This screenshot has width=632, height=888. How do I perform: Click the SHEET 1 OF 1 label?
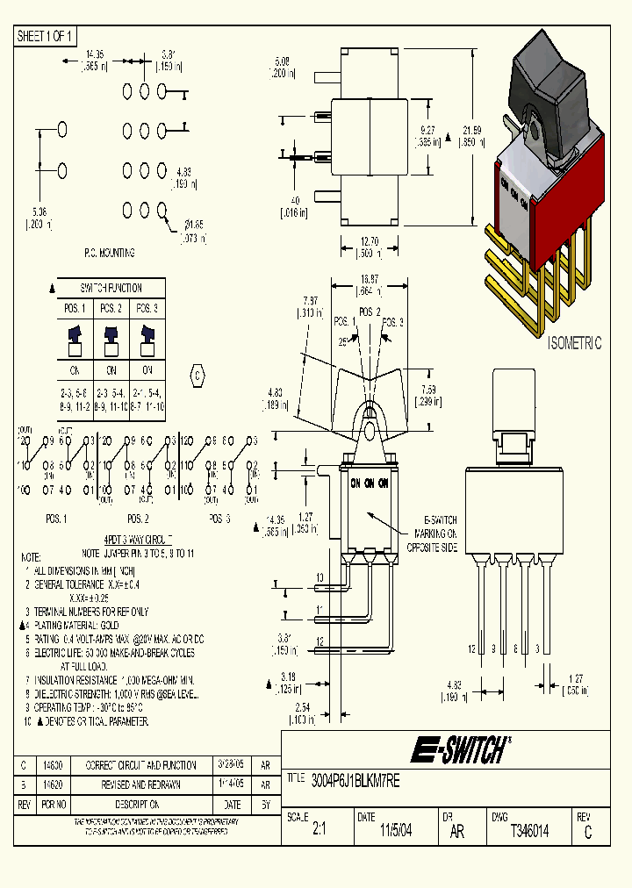[x=47, y=36]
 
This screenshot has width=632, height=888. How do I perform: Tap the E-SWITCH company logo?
[x=461, y=750]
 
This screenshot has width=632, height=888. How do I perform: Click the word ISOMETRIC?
[x=574, y=344]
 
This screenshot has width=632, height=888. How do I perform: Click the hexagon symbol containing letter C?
[x=197, y=376]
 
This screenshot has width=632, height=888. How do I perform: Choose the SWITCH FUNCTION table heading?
[x=111, y=288]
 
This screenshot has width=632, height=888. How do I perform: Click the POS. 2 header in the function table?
[x=111, y=308]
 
